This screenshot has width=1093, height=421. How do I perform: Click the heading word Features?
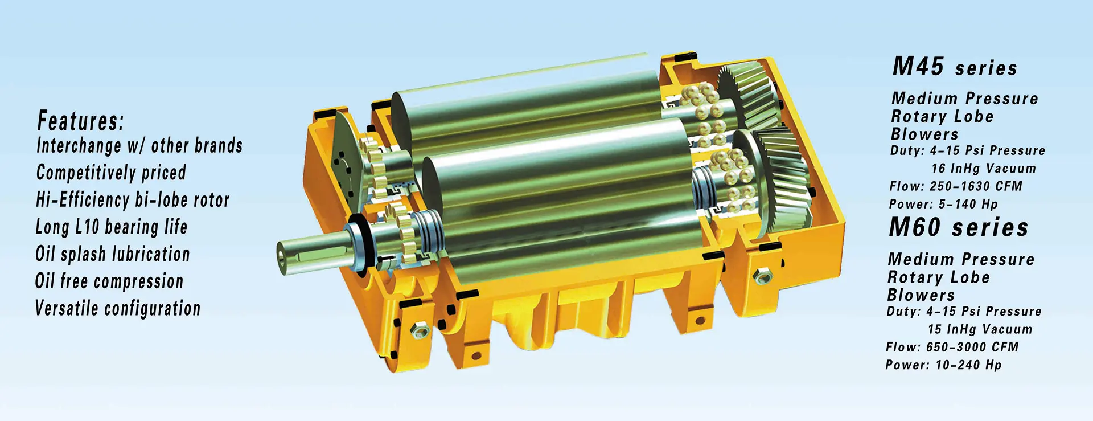click(x=80, y=121)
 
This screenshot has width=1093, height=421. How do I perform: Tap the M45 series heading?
click(x=955, y=67)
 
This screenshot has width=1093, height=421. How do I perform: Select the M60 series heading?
click(x=959, y=228)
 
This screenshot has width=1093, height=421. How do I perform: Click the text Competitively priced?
click(x=111, y=173)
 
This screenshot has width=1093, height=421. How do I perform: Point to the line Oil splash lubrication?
click(x=113, y=254)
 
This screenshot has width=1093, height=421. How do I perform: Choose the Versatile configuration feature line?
click(x=118, y=308)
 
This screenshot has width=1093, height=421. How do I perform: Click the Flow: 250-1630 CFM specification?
click(x=956, y=186)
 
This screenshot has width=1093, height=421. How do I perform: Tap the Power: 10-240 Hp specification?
click(x=943, y=365)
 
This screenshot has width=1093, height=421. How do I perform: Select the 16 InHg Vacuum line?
click(x=984, y=169)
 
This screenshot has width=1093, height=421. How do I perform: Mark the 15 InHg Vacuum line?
click(x=980, y=329)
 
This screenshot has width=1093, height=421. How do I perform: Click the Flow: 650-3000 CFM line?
click(x=952, y=347)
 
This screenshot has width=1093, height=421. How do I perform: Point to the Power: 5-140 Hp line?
click(x=943, y=204)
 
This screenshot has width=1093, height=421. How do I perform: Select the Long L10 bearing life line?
click(x=111, y=227)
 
